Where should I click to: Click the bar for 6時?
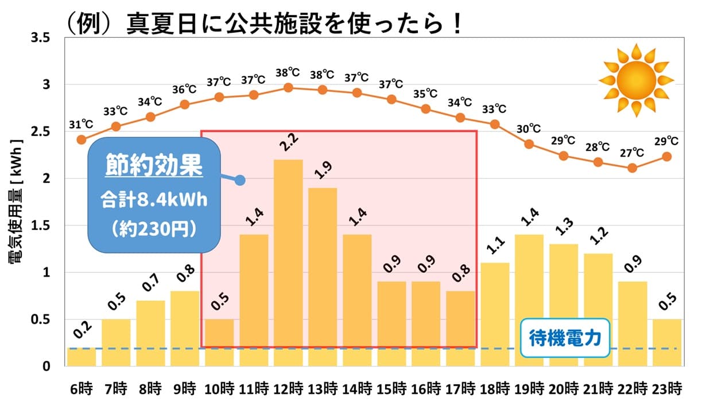[x=82, y=356]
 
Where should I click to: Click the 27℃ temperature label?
[x=632, y=153]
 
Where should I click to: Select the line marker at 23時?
[x=667, y=156]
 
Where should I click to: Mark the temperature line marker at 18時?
[x=495, y=124]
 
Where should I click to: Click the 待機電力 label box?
[x=564, y=338]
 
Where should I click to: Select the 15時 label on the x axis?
[x=391, y=389]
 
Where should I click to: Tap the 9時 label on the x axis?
[x=185, y=389]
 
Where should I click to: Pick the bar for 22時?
[x=633, y=323]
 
